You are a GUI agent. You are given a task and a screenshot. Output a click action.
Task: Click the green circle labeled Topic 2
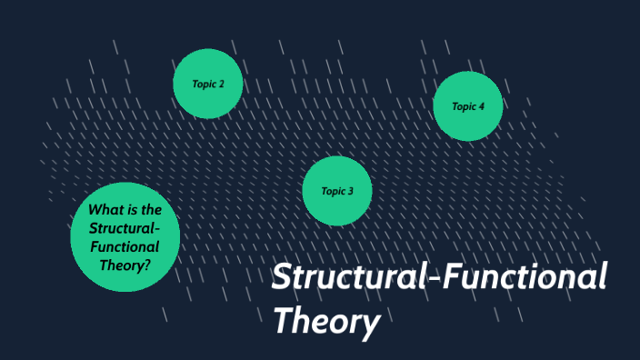[x=208, y=84]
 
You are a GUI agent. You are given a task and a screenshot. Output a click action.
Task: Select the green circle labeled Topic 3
[x=337, y=191]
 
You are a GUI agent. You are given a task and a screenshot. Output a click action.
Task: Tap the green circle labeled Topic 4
[x=468, y=106]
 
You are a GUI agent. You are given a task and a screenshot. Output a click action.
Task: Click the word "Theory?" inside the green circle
[x=125, y=265]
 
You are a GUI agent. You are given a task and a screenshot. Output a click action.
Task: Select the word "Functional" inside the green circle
[x=125, y=246]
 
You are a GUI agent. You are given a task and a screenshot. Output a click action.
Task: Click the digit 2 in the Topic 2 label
[x=221, y=84]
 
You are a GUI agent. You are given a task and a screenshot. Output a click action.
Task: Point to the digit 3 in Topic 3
[x=350, y=191]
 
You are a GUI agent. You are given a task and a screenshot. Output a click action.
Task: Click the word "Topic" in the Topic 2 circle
[x=204, y=84]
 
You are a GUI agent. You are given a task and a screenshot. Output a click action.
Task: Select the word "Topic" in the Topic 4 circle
[x=464, y=106]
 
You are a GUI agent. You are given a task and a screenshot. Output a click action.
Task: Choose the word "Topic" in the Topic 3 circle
[x=333, y=191]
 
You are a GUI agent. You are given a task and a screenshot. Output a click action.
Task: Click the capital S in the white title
[x=283, y=277]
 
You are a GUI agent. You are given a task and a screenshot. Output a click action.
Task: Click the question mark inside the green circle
[x=147, y=265]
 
